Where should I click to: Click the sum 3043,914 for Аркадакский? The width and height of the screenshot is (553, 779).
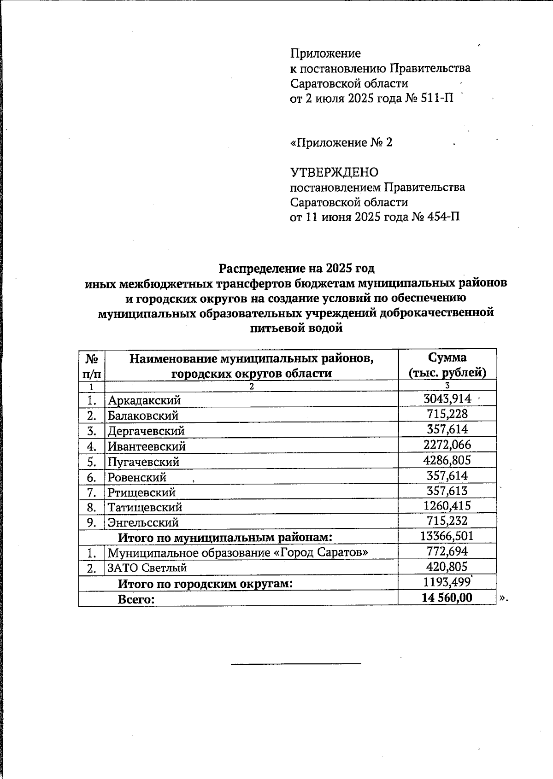(x=447, y=399)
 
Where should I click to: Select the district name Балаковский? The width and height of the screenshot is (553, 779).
(x=143, y=416)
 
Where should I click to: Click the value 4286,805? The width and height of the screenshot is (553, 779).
(x=447, y=460)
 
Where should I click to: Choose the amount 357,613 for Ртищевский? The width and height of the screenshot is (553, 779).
(x=447, y=491)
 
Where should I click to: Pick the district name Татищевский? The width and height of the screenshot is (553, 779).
(x=145, y=507)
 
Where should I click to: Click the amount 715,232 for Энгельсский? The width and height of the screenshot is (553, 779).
(x=447, y=521)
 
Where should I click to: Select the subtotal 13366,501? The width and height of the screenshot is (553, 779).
(x=447, y=536)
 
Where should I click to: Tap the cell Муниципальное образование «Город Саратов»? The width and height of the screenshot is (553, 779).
(x=238, y=552)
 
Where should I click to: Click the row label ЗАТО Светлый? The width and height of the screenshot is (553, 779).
(x=147, y=568)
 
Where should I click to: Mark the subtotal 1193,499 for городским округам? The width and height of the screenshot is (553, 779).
(x=447, y=582)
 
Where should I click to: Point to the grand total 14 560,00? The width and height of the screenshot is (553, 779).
(x=447, y=598)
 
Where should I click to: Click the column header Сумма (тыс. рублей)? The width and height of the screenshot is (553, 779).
(x=447, y=365)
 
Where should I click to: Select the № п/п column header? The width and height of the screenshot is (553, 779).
(x=92, y=365)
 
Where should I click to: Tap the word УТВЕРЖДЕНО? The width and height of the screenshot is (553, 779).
(x=334, y=173)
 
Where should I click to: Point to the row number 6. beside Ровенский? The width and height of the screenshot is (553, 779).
(x=92, y=477)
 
